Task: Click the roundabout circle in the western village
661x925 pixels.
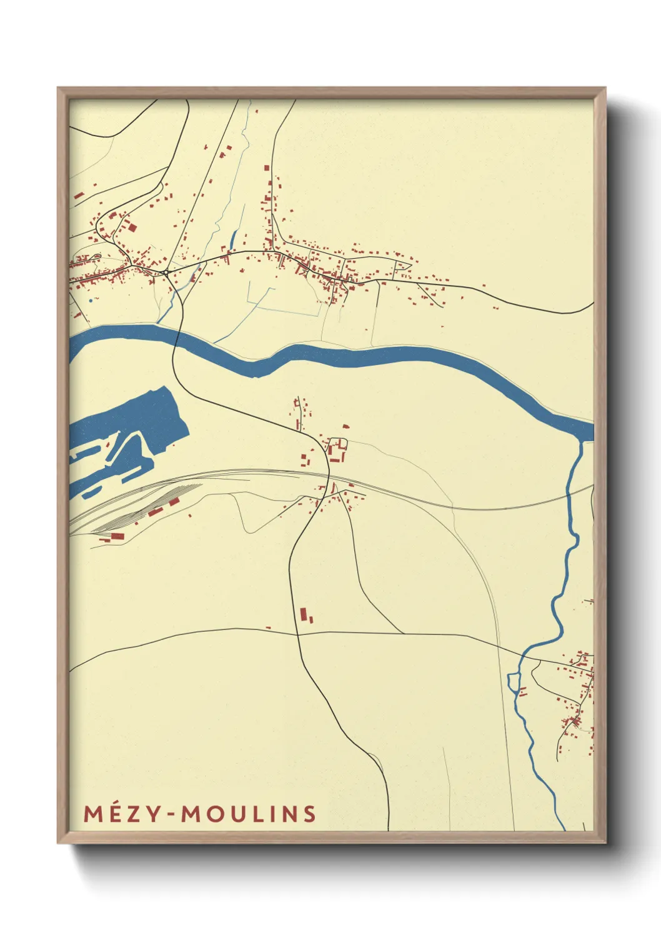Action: pos(166,272)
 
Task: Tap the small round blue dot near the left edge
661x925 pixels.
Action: pos(91,300)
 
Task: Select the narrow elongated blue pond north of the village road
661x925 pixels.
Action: pos(234,238)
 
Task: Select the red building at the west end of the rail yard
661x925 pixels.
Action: pos(117,536)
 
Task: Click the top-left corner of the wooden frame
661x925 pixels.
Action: pos(58,88)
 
